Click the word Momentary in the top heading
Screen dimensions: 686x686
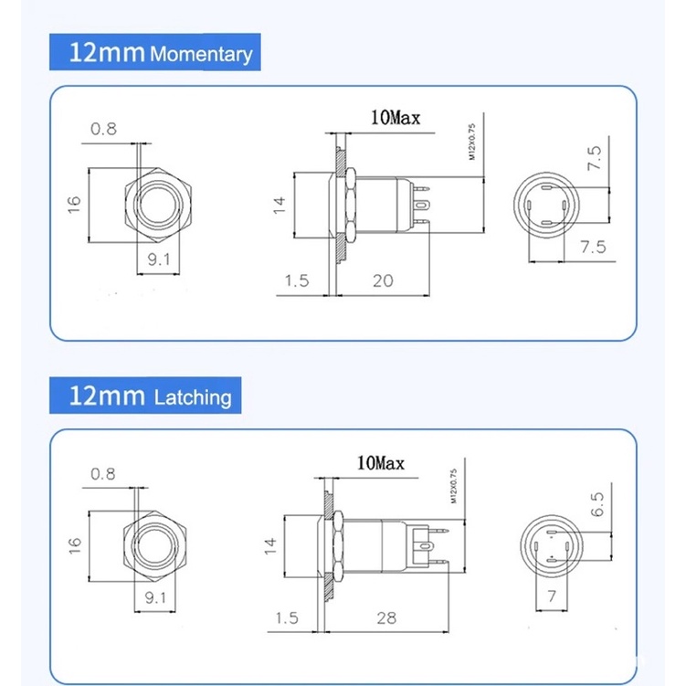point(201,54)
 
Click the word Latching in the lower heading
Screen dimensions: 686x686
point(193,397)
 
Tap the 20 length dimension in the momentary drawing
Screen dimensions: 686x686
point(383,280)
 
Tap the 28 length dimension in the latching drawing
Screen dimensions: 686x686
point(386,617)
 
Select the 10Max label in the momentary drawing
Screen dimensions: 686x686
point(396,118)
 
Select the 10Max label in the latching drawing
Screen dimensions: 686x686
point(381,463)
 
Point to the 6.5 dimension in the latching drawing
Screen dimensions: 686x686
point(597,504)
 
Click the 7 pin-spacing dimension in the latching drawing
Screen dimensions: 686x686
point(552,596)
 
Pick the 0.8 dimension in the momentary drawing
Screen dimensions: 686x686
point(104,129)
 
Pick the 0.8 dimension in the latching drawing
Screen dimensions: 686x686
point(103,474)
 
